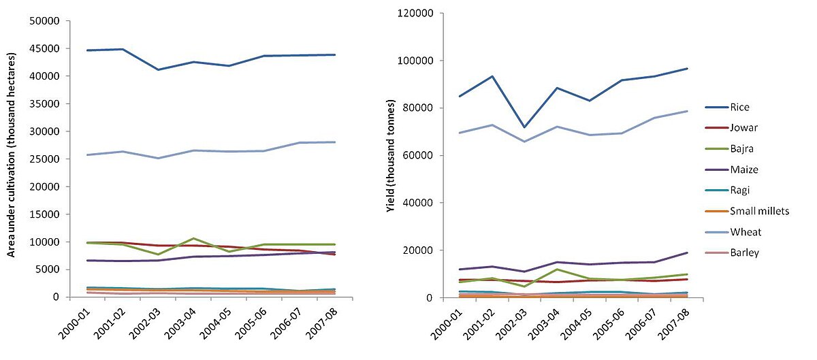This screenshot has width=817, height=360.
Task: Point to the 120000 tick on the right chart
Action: [417, 14]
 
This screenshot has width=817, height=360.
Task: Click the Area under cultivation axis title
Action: [12, 159]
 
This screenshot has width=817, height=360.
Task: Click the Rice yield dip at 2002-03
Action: [524, 127]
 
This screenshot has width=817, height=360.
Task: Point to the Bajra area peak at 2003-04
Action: [193, 238]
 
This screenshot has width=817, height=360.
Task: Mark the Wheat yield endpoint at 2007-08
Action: [686, 111]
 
